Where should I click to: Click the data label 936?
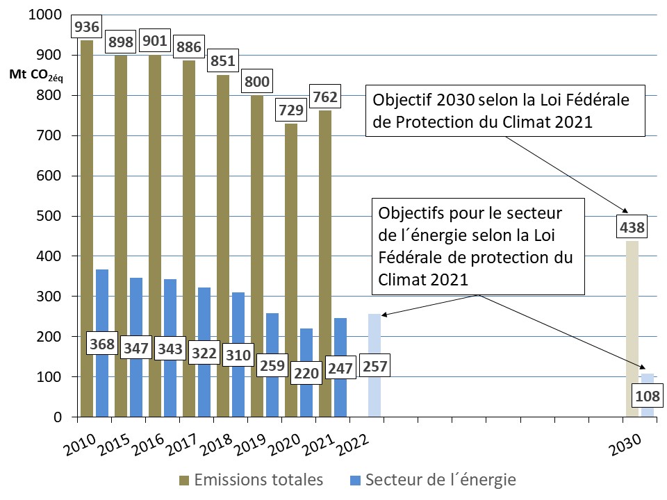pos(88,27)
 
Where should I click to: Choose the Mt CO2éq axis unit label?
pos(35,75)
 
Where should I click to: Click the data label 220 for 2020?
pos(306,373)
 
